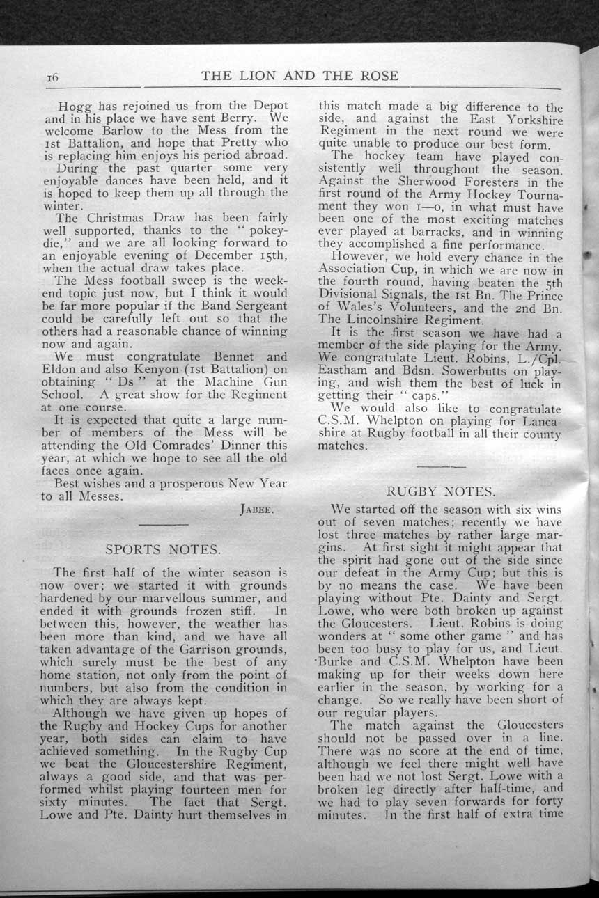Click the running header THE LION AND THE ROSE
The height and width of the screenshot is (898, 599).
[299, 76]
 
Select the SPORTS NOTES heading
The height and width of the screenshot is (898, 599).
[164, 549]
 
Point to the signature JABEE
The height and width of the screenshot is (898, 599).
[258, 510]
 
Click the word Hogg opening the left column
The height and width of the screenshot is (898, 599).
[75, 107]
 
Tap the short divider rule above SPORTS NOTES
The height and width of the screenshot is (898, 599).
[164, 523]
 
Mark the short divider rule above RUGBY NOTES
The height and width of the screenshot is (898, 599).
[441, 465]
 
